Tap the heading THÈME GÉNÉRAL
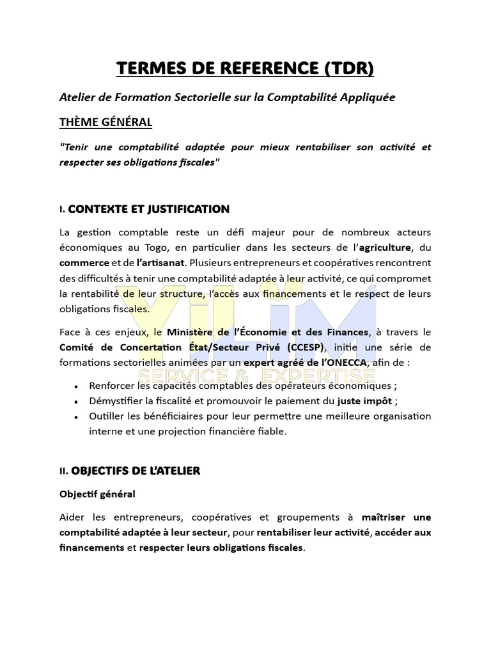tap(105, 122)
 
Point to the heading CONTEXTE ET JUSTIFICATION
tap(148, 209)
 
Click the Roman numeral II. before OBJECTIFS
tap(63, 471)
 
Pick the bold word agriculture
tap(386, 248)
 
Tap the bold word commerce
tap(84, 263)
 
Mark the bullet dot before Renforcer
tap(77, 386)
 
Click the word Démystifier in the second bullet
tap(116, 401)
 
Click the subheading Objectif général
tap(97, 494)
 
